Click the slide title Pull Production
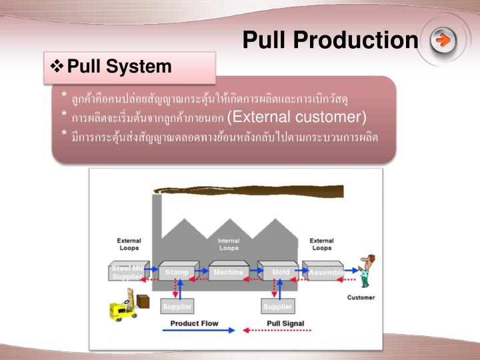(329, 41)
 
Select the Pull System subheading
(119, 67)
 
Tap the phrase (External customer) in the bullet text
(297, 117)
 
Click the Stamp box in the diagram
(177, 271)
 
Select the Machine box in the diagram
(228, 271)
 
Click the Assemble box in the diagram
(325, 271)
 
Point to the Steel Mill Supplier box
(127, 271)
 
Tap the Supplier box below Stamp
(177, 306)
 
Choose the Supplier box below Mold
(278, 306)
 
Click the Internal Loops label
(229, 244)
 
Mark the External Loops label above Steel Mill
(129, 244)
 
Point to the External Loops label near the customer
(321, 244)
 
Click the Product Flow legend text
(194, 324)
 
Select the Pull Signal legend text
(285, 324)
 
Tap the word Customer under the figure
(361, 297)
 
